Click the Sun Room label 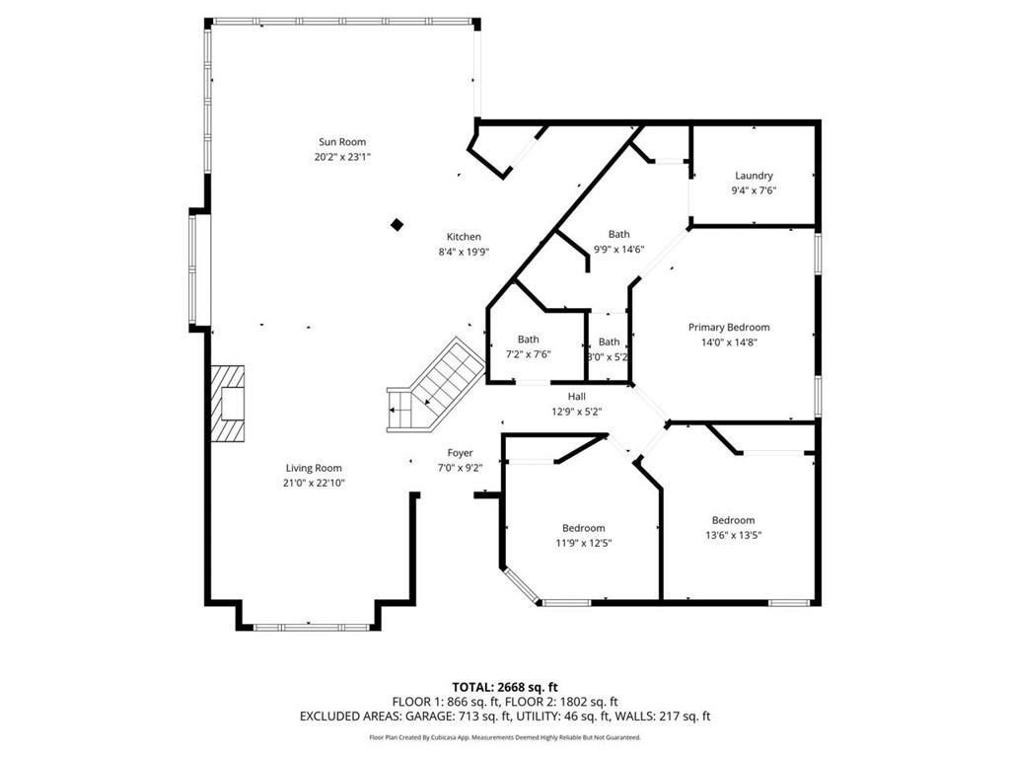pyautogui.click(x=342, y=142)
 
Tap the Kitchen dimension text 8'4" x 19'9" pyautogui.click(x=464, y=252)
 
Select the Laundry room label pyautogui.click(x=754, y=176)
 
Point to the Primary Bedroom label pyautogui.click(x=729, y=328)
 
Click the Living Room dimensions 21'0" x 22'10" pyautogui.click(x=314, y=483)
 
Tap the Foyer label pyautogui.click(x=460, y=453)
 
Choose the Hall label pyautogui.click(x=576, y=397)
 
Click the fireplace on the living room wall pyautogui.click(x=228, y=404)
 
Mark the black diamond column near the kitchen pyautogui.click(x=397, y=225)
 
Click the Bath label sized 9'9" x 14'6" pyautogui.click(x=619, y=234)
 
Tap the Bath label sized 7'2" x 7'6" pyautogui.click(x=529, y=340)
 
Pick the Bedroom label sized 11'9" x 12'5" pyautogui.click(x=584, y=528)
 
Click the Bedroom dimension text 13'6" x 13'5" pyautogui.click(x=734, y=535)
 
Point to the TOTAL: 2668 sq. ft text pyautogui.click(x=500, y=687)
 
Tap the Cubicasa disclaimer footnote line pyautogui.click(x=505, y=737)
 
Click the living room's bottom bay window pyautogui.click(x=312, y=627)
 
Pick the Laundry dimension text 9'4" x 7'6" pyautogui.click(x=754, y=190)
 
